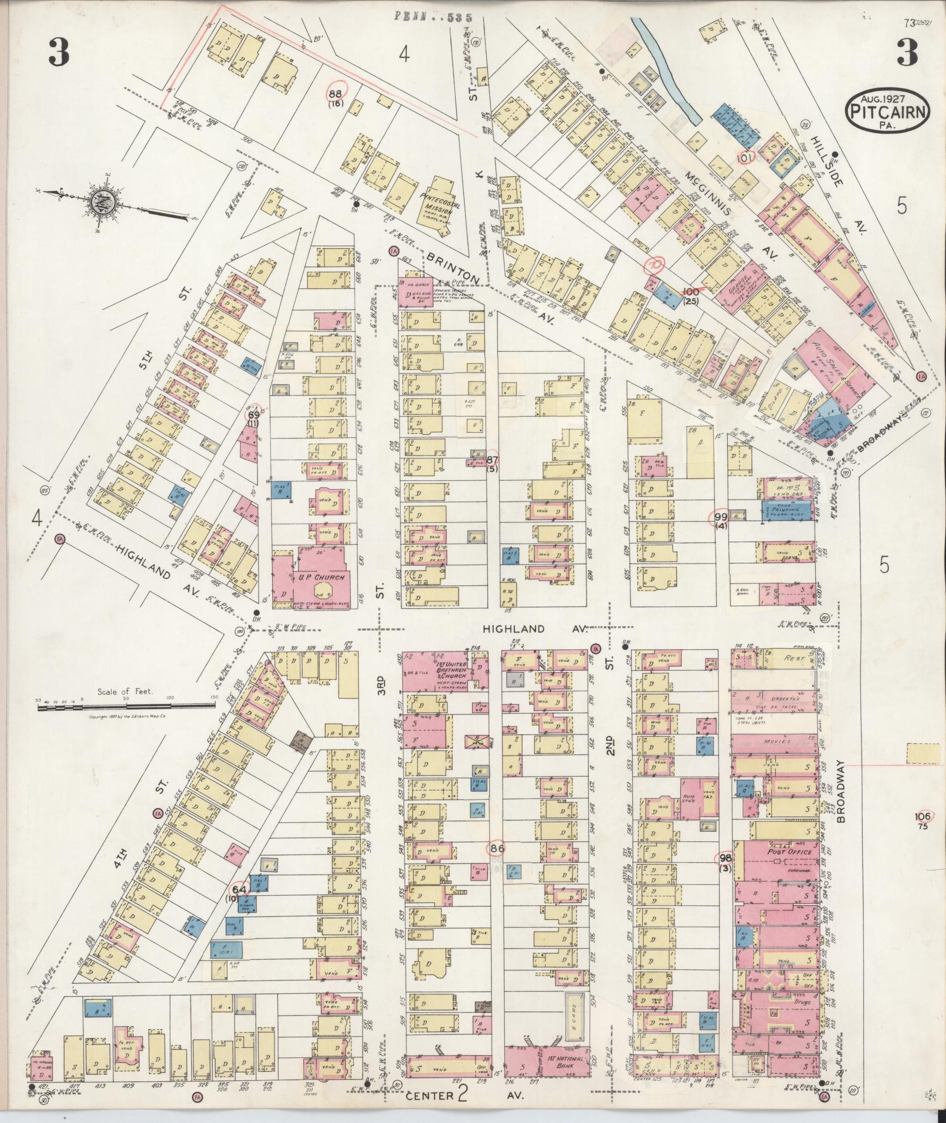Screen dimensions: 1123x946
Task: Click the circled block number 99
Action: coord(721,517)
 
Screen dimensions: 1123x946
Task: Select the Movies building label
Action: coord(777,741)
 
